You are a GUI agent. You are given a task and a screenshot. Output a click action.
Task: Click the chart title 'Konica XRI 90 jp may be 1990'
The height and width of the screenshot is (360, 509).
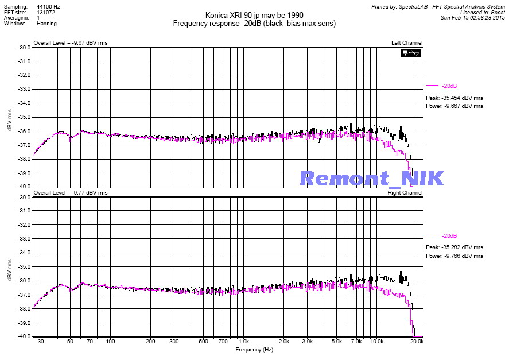254,15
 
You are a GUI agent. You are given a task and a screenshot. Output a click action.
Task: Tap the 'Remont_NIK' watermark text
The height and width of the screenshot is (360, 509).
372,179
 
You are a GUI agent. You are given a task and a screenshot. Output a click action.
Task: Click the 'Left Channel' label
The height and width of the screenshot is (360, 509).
407,43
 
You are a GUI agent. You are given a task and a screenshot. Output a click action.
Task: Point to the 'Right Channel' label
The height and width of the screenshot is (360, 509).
405,193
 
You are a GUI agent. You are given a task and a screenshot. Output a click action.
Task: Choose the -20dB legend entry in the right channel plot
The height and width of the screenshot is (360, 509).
449,235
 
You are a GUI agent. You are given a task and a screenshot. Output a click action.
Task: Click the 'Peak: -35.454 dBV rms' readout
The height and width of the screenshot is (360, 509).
454,98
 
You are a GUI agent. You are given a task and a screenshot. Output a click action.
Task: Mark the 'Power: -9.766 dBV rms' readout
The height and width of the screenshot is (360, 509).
454,256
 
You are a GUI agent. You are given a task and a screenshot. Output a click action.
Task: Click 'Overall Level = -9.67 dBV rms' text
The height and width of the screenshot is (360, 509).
71,43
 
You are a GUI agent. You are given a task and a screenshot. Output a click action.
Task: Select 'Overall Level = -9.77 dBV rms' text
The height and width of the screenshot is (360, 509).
71,193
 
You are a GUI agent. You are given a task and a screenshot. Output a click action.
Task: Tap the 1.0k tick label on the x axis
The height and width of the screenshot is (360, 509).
243,342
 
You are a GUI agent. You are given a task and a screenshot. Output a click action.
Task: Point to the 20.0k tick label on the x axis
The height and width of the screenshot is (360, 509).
417,342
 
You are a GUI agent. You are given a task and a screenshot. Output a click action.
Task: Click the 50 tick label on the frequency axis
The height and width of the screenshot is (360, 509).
70,342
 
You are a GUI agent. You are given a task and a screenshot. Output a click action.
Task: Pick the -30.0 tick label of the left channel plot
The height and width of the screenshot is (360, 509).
24,48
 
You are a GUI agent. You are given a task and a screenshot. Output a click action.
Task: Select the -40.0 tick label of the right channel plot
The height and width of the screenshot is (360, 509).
24,337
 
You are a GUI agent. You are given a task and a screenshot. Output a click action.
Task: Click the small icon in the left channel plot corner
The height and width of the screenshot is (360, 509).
411,53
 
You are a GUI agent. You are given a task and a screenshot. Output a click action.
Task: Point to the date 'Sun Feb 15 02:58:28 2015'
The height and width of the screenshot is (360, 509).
472,17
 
